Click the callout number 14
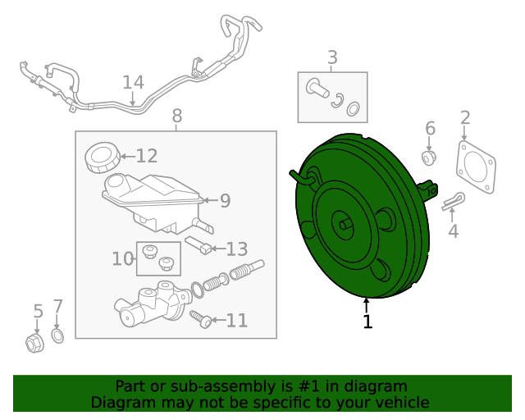click(x=133, y=82)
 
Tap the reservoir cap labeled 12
click(x=102, y=156)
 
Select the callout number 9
click(x=225, y=199)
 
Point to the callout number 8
click(x=176, y=117)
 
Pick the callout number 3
click(x=332, y=57)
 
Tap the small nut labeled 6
click(x=428, y=156)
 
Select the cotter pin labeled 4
click(x=453, y=202)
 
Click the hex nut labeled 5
click(x=34, y=342)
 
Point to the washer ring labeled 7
click(x=58, y=336)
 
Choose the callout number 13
click(x=236, y=249)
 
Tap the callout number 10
click(x=122, y=259)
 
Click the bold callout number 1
click(x=367, y=322)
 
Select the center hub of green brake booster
click(x=344, y=222)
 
